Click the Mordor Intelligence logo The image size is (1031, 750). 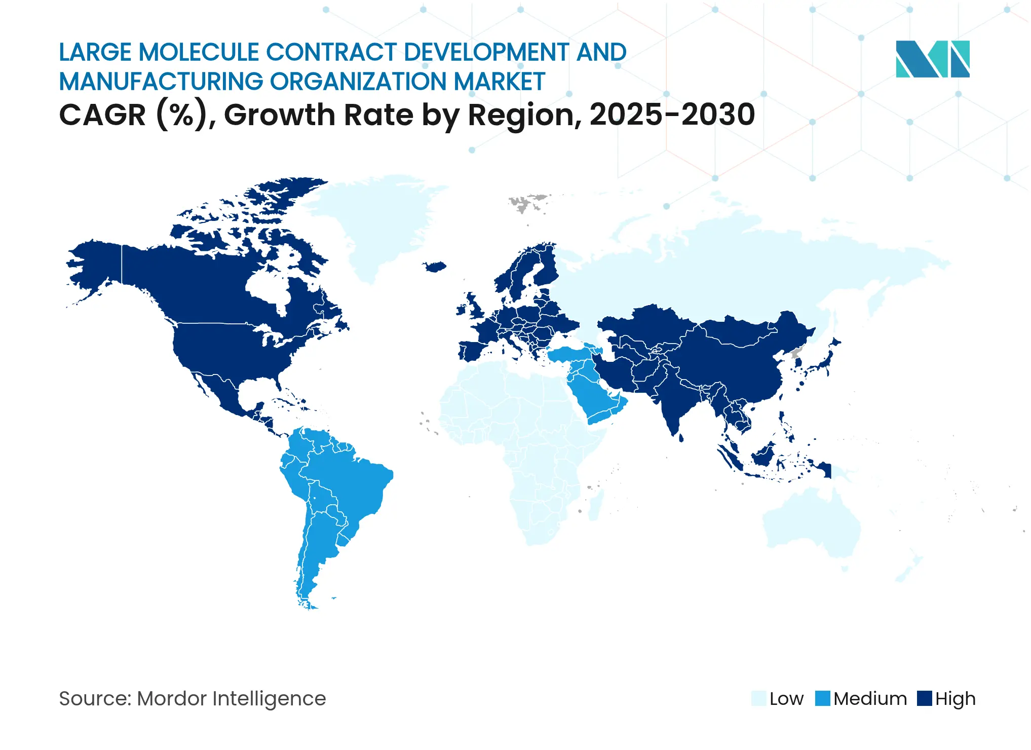point(932,59)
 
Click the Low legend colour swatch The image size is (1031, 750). point(759,698)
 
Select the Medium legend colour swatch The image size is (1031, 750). point(823,698)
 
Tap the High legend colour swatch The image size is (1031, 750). point(925,698)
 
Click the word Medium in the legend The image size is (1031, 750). point(870,699)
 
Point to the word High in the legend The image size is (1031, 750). point(955,699)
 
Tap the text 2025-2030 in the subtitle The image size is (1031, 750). point(672,115)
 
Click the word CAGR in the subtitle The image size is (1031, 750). point(102,115)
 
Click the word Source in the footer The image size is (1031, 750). point(94,699)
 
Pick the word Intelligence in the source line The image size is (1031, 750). point(269,699)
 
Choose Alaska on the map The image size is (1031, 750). point(96,264)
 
